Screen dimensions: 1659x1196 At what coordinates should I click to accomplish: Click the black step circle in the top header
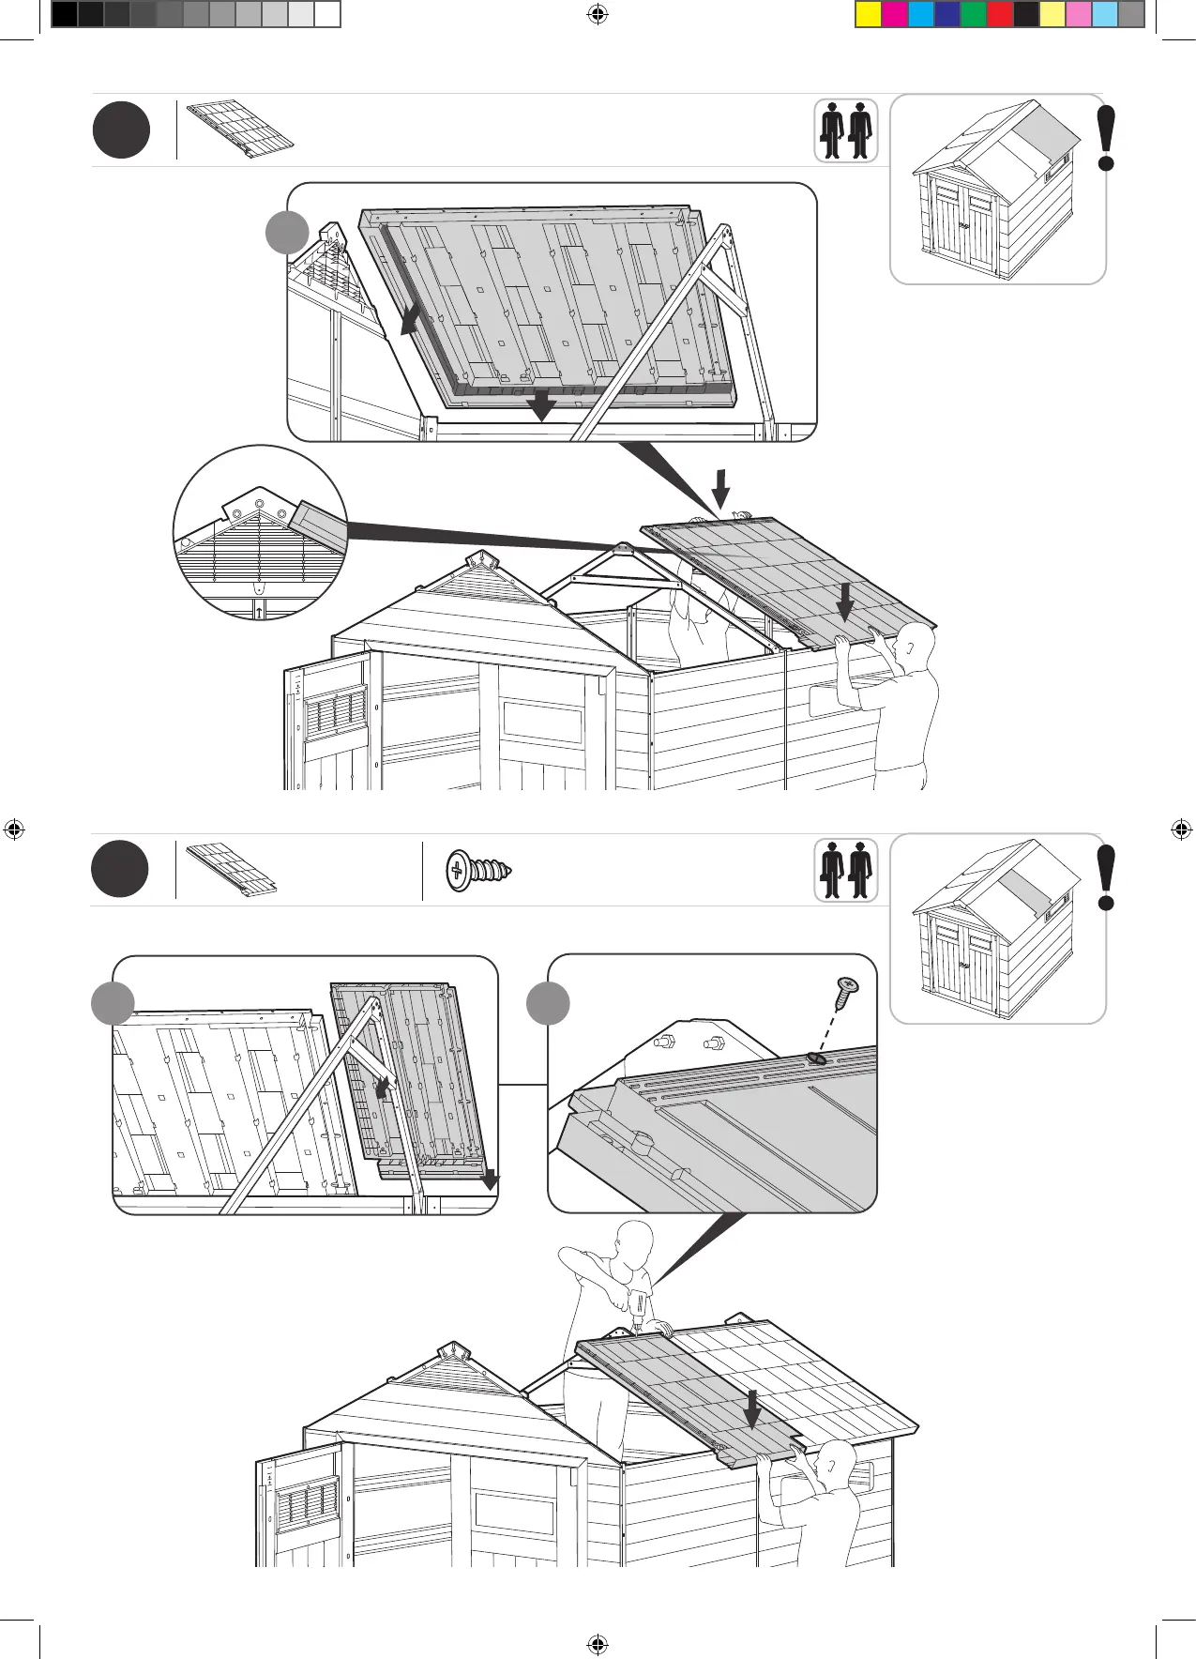tap(121, 130)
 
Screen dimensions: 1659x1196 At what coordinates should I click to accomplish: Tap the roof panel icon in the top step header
tap(240, 128)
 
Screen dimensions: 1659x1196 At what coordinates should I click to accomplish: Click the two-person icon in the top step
tap(845, 130)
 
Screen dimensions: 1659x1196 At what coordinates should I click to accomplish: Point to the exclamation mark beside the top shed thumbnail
tap(1107, 138)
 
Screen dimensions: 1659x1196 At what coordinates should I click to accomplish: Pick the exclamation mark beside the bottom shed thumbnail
tap(1107, 877)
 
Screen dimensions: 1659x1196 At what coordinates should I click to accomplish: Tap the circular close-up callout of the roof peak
tap(260, 532)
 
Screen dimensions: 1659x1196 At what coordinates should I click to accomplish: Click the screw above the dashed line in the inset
tap(846, 992)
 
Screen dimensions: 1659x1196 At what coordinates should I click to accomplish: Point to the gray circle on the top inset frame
tap(287, 232)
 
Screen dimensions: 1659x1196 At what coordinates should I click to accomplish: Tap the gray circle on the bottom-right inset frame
tap(548, 1004)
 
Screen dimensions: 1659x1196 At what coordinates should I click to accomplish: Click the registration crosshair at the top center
tap(597, 14)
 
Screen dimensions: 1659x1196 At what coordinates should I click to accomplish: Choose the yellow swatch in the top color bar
tap(869, 14)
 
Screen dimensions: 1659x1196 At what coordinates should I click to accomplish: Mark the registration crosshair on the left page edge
tap(14, 829)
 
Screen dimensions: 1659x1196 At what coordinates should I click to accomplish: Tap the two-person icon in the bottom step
tap(845, 871)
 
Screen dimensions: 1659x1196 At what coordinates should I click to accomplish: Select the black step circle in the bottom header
tap(120, 870)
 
